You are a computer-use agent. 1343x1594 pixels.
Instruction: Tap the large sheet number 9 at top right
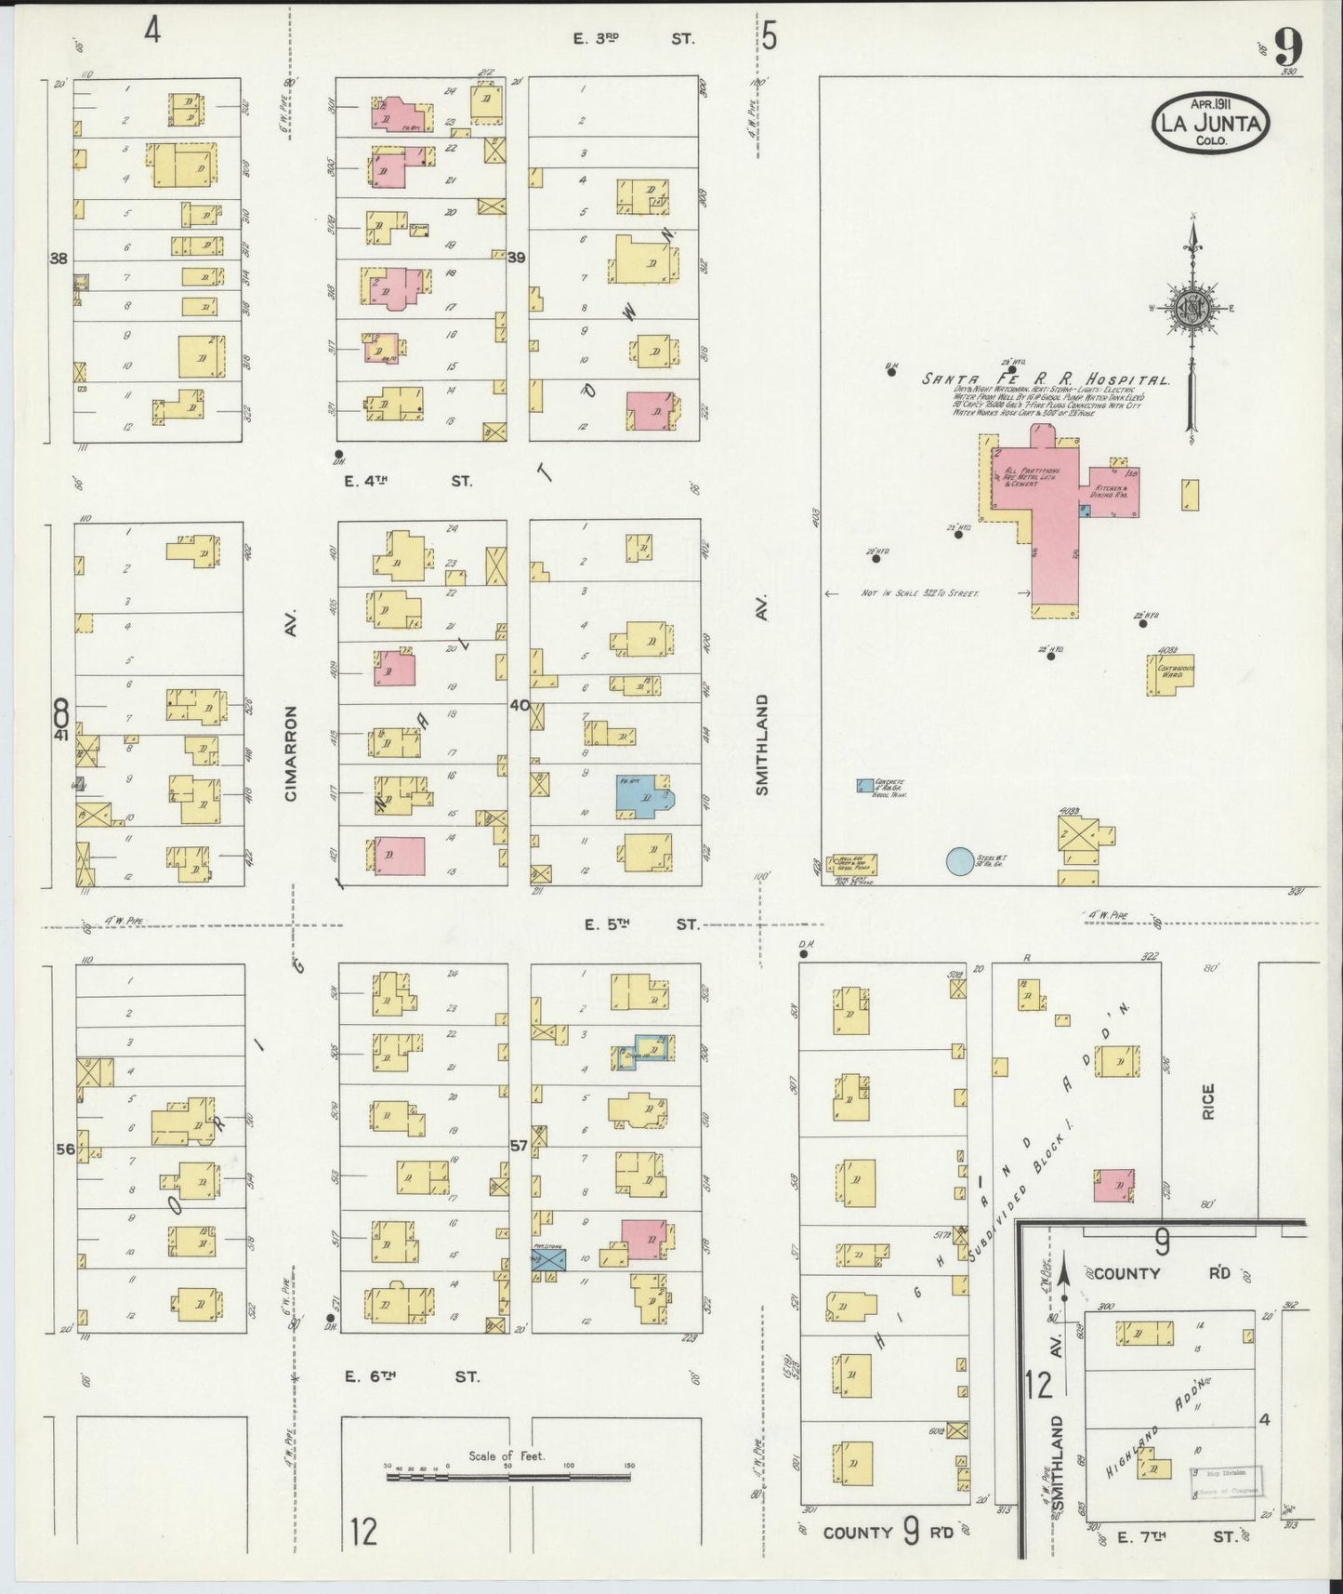pos(1287,46)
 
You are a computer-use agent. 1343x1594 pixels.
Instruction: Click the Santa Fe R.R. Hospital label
pos(1045,379)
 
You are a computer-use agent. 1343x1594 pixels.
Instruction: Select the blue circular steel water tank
pos(959,861)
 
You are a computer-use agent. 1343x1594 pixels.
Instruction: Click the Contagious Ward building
pos(1169,674)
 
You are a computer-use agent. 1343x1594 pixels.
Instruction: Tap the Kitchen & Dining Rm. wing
pos(1111,491)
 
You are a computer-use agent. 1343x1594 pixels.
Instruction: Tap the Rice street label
pos(1208,1100)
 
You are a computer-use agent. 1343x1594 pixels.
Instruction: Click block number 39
pos(518,258)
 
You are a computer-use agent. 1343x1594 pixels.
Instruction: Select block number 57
pos(518,1146)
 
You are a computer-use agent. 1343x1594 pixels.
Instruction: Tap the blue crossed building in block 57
pos(548,1260)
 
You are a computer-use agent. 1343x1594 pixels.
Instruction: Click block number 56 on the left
pos(64,1149)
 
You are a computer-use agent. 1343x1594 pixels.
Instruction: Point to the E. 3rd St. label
pos(632,38)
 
